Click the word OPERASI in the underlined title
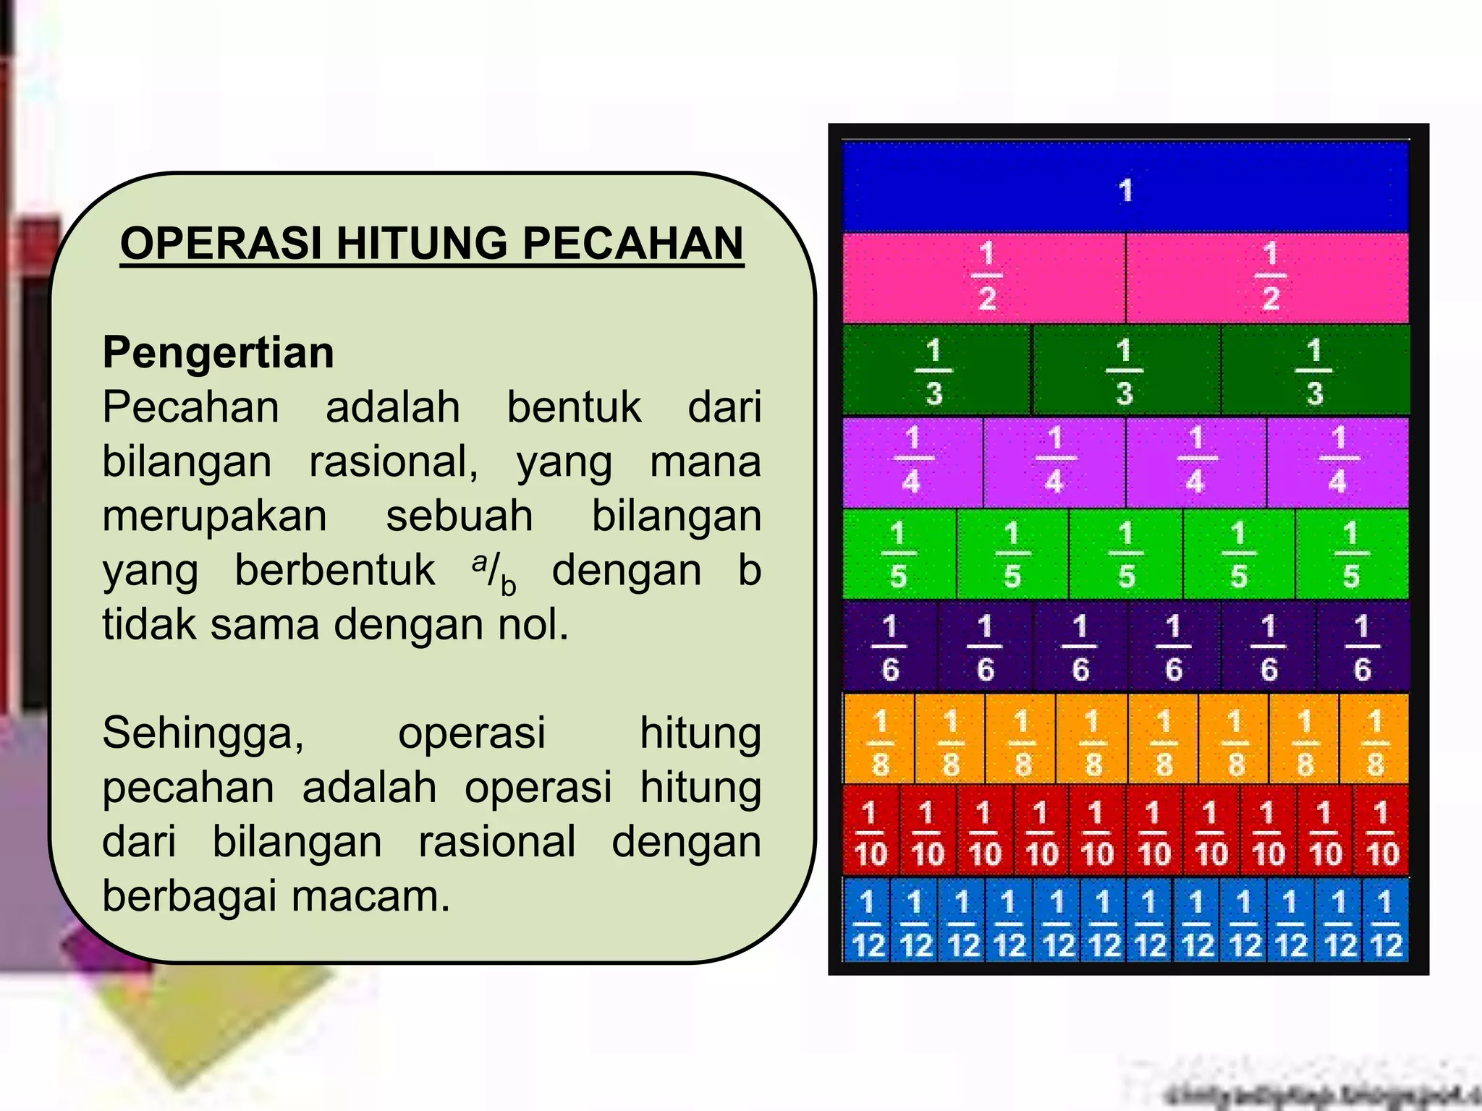[221, 243]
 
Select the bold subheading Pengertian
[219, 353]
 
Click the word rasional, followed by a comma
[394, 462]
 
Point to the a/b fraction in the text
[494, 572]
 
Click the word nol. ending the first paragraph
[533, 625]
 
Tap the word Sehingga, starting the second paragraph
[203, 733]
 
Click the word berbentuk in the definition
[335, 571]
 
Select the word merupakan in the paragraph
[215, 516]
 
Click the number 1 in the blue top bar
[1125, 191]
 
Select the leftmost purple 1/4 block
[912, 461]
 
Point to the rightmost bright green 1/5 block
[1351, 555]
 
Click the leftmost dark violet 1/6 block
[890, 647]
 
